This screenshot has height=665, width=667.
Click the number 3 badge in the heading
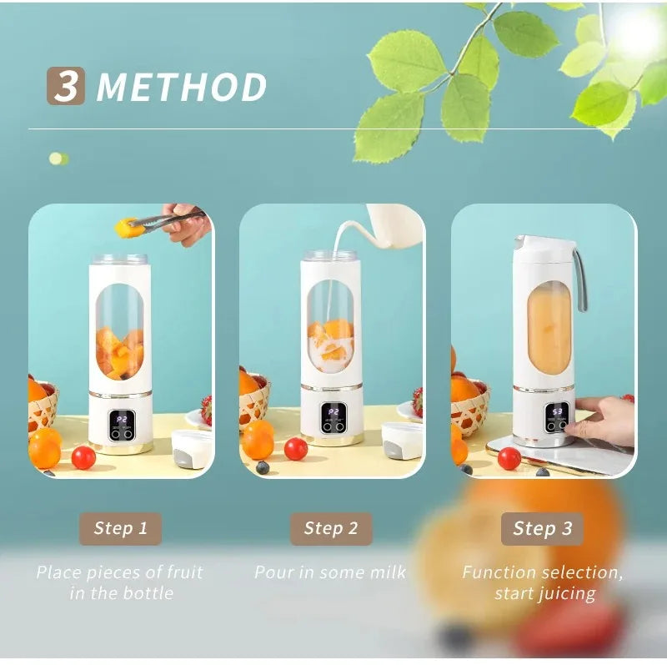tap(65, 87)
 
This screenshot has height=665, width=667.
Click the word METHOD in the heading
tap(182, 88)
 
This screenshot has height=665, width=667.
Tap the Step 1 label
tap(120, 528)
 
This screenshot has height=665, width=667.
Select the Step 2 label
tap(331, 528)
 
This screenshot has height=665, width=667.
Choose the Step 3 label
tap(543, 528)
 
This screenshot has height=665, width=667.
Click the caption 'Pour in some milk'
tap(330, 572)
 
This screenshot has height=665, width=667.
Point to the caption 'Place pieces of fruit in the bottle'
tap(120, 582)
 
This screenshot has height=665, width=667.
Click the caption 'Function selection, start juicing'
tap(544, 582)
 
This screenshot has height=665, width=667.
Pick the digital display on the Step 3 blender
tap(557, 411)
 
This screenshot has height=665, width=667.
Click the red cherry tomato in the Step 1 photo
tap(83, 457)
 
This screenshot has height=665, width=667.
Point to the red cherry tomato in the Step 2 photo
tap(296, 449)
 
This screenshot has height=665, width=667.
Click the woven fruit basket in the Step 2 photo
tap(253, 406)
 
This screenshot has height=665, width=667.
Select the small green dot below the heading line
tap(58, 159)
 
